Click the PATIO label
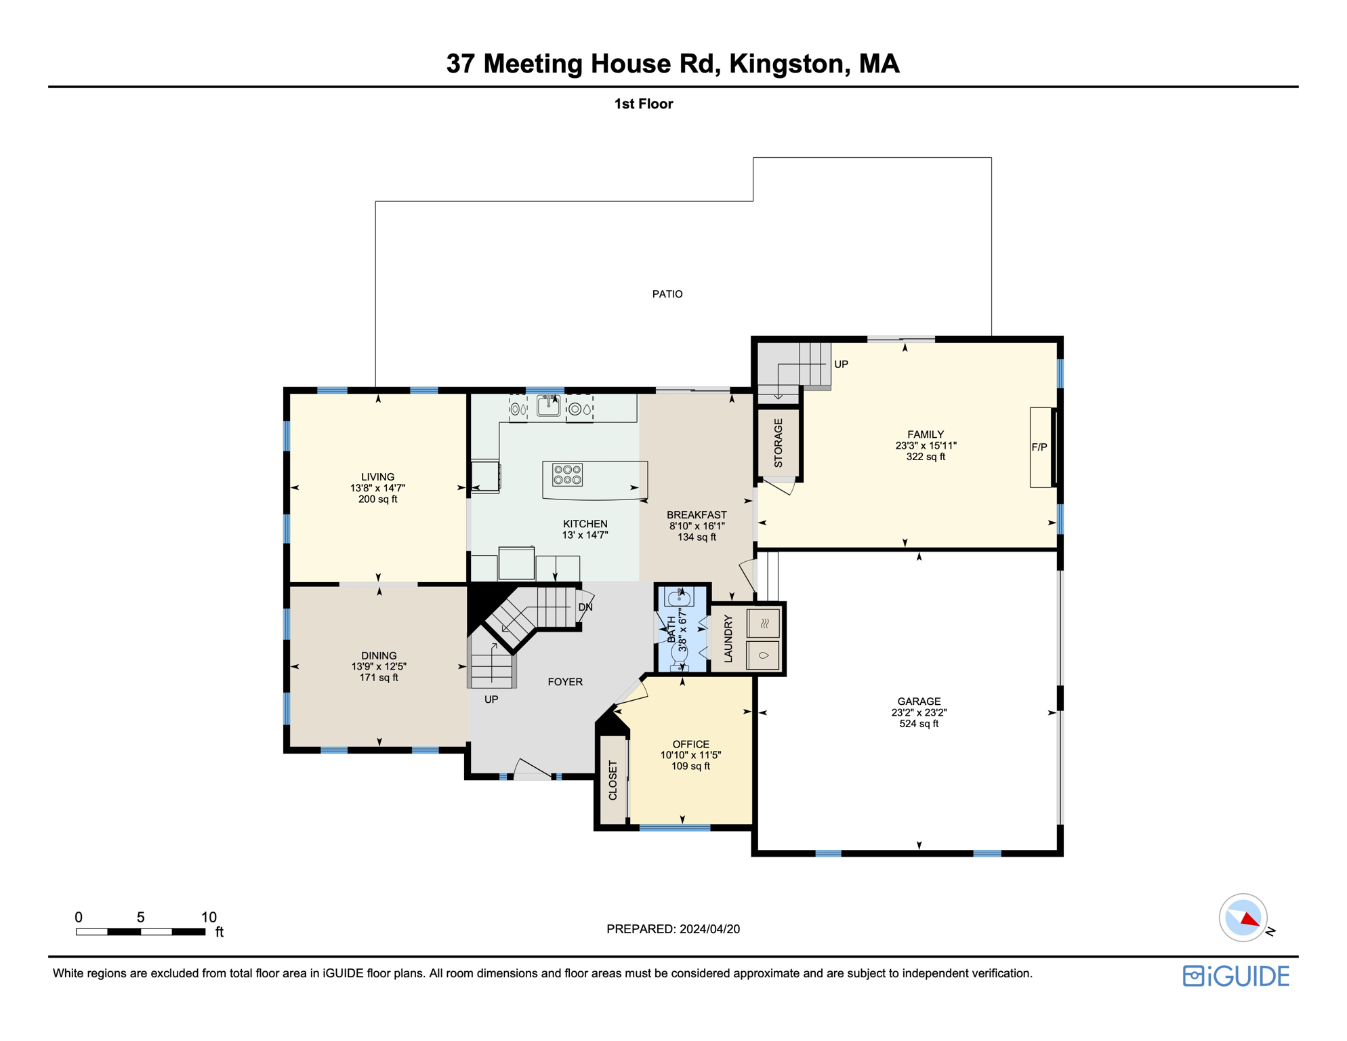[x=667, y=294]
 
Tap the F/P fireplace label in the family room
[x=1039, y=447]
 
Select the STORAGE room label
[x=779, y=443]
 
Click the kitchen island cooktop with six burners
[x=567, y=474]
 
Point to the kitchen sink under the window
[x=548, y=406]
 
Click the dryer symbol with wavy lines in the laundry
[x=764, y=624]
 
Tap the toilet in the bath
[x=680, y=652]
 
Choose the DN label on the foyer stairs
[x=585, y=607]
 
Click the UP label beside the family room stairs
[x=841, y=365]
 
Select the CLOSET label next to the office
[x=613, y=780]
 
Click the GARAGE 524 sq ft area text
[x=919, y=724]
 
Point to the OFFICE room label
[x=690, y=744]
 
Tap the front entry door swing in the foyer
[x=532, y=769]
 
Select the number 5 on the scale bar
[x=140, y=918]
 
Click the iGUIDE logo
[x=1236, y=977]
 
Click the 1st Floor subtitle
[x=643, y=104]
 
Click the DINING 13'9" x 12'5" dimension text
[x=379, y=667]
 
